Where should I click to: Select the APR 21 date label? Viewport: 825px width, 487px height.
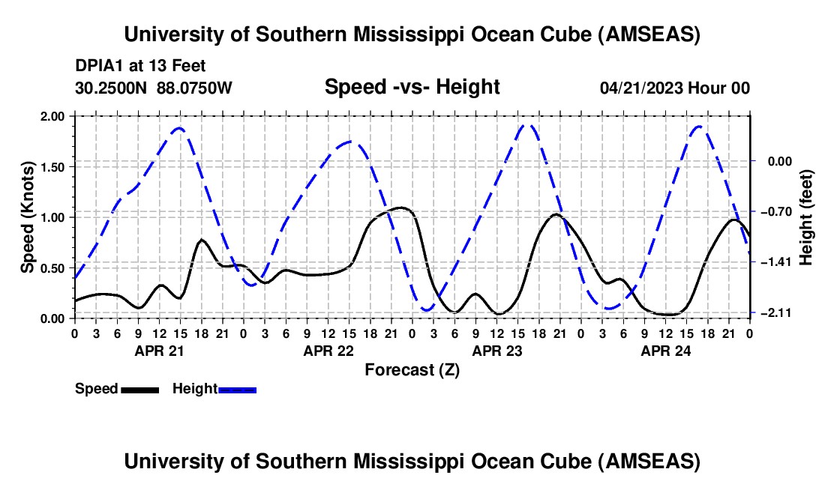[x=159, y=350]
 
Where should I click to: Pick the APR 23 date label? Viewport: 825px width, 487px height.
[x=496, y=350]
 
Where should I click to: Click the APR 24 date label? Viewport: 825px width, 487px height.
[x=665, y=350]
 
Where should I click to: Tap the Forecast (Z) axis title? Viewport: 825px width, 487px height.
[x=412, y=369]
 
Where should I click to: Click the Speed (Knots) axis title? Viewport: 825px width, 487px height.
[x=27, y=217]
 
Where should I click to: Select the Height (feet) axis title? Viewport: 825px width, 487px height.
[x=806, y=217]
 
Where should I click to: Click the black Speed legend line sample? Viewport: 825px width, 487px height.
[x=139, y=390]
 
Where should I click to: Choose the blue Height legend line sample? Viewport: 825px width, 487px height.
[x=238, y=390]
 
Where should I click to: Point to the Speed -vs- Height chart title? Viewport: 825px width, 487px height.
[x=412, y=87]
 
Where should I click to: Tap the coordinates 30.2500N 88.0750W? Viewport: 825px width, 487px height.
[x=154, y=88]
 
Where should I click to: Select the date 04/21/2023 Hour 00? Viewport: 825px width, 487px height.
[x=675, y=88]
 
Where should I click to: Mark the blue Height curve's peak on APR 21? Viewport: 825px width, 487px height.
[x=178, y=128]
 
